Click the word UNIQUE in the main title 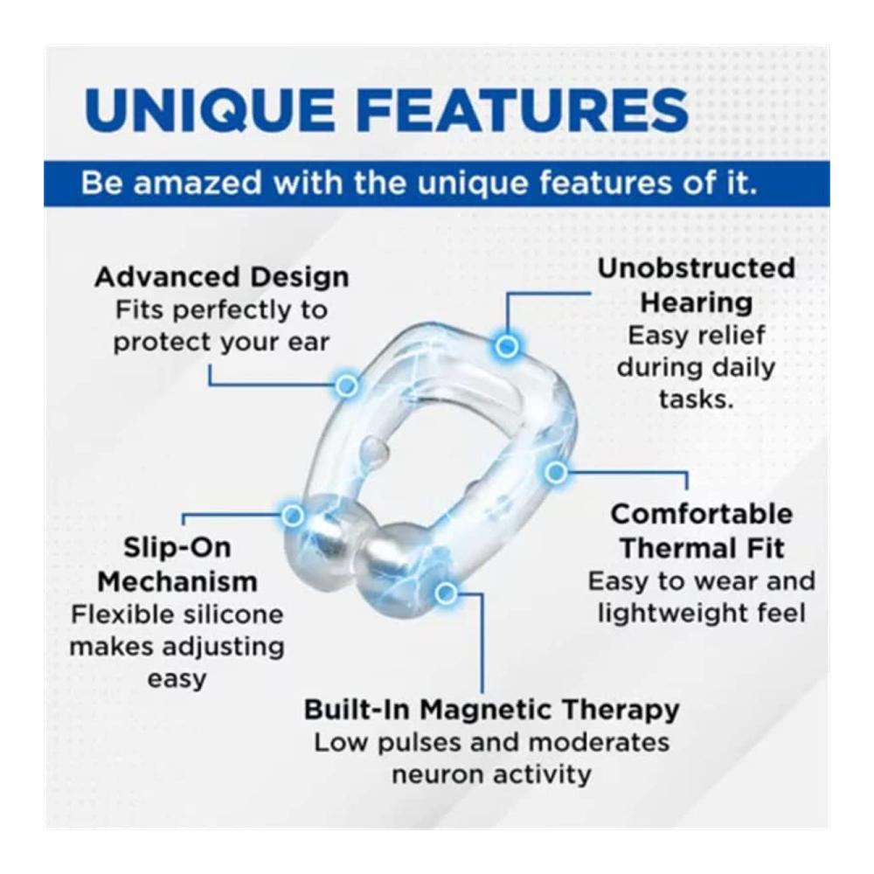click(x=210, y=111)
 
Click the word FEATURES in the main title click(x=529, y=110)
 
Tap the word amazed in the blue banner click(x=198, y=184)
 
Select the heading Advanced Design click(x=222, y=278)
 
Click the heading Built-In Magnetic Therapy click(x=491, y=710)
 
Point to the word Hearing click(x=697, y=303)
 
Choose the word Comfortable click(x=701, y=514)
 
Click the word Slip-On click(x=177, y=547)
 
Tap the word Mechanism click(x=177, y=582)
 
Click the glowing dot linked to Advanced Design click(x=346, y=385)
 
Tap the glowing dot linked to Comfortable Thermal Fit click(x=555, y=473)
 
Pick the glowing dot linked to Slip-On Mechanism click(x=293, y=515)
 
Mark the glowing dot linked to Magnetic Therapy click(x=446, y=593)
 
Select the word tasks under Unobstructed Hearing click(x=697, y=399)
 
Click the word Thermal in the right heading click(x=669, y=549)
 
